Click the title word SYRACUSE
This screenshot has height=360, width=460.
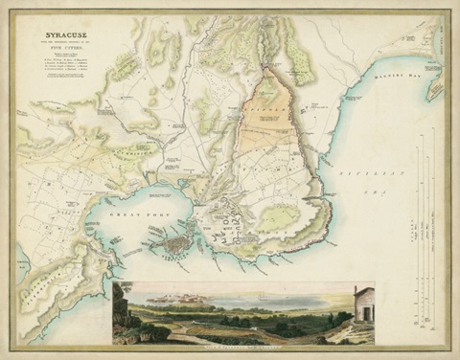tap(54, 45)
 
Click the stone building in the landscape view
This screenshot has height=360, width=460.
tap(363, 305)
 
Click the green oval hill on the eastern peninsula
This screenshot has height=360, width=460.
tap(279, 217)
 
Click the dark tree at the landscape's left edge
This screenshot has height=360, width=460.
tap(121, 306)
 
